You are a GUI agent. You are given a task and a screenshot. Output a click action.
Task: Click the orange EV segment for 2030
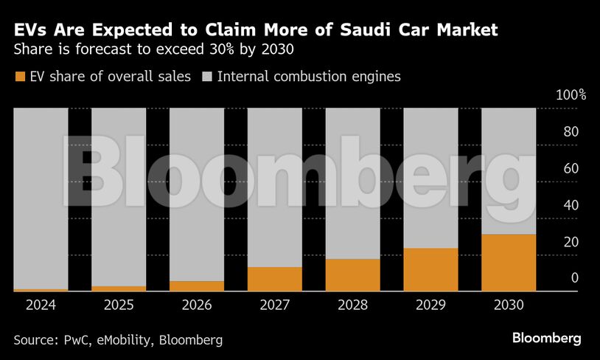[509, 263]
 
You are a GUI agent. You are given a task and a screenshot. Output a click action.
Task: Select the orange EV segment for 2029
[430, 269]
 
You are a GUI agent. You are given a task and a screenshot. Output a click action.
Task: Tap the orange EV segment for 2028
[352, 275]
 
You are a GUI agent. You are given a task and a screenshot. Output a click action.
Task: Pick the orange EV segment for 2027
[275, 279]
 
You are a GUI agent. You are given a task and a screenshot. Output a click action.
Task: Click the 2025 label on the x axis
[119, 305]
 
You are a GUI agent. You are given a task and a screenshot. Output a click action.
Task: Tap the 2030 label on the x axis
[509, 305]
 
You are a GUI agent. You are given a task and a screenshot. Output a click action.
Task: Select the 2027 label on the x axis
[275, 305]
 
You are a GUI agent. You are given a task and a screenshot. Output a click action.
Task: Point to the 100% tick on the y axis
[571, 95]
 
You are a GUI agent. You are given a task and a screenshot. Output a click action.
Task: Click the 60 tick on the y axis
[571, 169]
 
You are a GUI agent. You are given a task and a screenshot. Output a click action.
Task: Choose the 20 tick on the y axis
[571, 242]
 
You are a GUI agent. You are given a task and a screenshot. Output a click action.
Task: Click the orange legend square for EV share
[19, 77]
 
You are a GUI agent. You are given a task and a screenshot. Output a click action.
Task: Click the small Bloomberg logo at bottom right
[547, 339]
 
